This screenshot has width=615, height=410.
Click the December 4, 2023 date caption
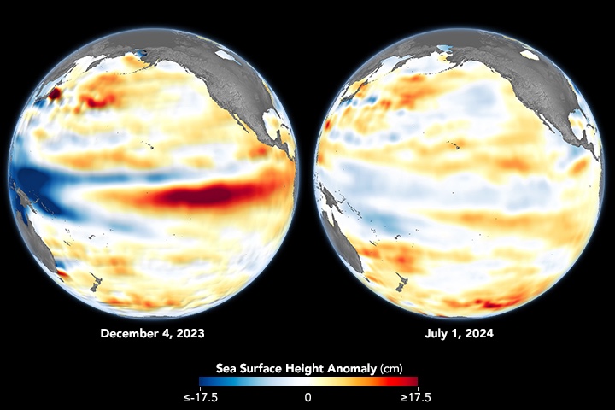tap(152, 333)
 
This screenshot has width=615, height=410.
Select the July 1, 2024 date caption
tap(459, 333)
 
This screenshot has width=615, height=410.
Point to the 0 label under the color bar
tap(308, 397)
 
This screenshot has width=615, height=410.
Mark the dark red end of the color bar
tap(411, 382)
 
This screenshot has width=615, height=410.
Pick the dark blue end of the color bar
tap(205, 382)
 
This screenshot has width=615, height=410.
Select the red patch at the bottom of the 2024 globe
tap(491, 302)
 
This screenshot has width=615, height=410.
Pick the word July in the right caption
tap(436, 333)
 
